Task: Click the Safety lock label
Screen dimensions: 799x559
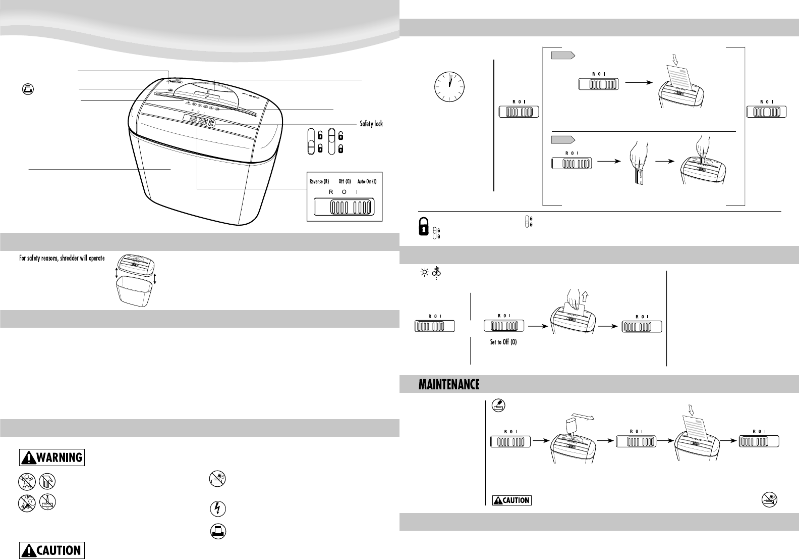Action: pos(371,124)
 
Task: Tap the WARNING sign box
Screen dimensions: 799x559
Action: pos(52,458)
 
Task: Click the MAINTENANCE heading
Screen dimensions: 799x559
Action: pos(448,385)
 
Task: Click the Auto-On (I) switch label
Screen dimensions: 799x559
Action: pos(367,181)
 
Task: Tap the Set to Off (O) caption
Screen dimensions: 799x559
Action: pos(503,342)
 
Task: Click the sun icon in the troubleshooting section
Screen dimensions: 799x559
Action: pos(425,273)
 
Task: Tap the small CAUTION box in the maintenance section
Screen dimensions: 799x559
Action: pos(512,500)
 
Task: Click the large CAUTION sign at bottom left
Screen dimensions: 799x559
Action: pos(52,550)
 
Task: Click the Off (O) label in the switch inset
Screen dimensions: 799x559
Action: pos(345,181)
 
